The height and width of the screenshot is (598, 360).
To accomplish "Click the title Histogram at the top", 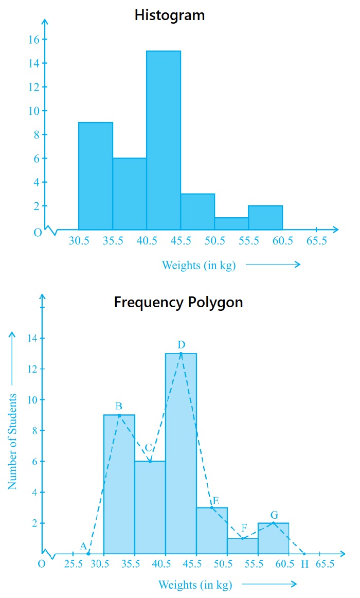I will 169,15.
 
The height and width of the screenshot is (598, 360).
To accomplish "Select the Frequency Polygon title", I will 178,302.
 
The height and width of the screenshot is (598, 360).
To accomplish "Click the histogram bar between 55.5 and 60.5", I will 265,217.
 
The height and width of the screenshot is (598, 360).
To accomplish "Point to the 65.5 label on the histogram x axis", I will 316,241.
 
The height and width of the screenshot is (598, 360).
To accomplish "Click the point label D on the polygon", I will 182,344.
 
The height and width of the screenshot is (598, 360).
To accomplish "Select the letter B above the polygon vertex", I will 119,406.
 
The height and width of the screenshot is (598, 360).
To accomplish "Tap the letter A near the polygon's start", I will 83,546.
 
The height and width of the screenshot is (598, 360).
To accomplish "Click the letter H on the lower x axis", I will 304,564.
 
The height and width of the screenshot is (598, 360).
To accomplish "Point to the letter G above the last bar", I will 274,515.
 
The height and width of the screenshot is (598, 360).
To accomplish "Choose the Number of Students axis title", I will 13,442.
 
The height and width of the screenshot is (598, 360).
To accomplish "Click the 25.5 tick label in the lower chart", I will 74,564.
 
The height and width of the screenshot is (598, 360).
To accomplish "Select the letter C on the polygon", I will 148,447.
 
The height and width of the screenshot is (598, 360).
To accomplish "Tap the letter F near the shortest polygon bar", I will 244,527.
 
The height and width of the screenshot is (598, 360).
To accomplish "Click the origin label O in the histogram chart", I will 38,233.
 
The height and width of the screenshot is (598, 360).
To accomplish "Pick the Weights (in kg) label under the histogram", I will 199,265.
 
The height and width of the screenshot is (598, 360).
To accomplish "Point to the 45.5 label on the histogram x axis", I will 181,241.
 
